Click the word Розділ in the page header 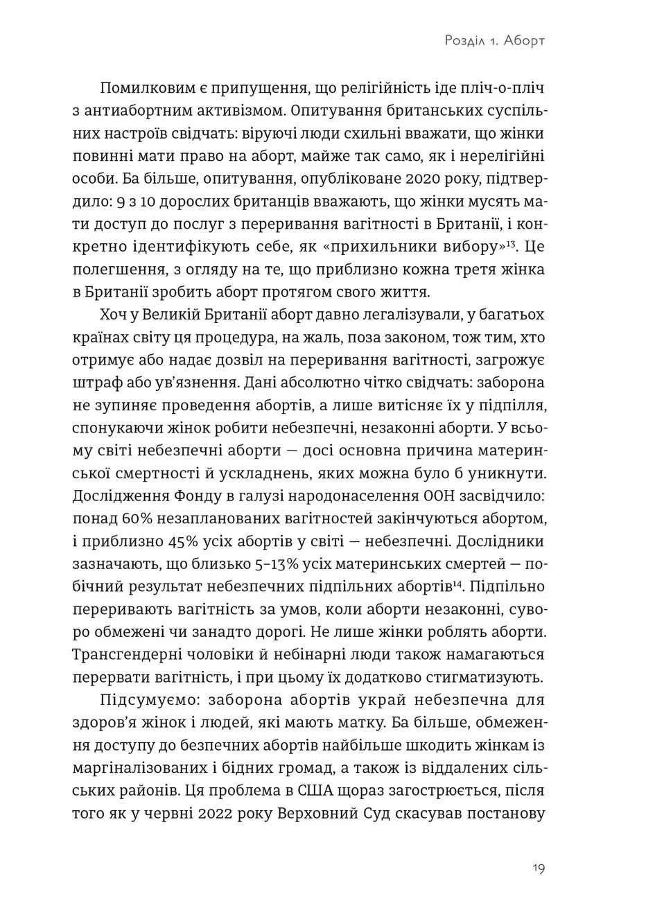[463, 40]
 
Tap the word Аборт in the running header [525, 40]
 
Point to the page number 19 [539, 869]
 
